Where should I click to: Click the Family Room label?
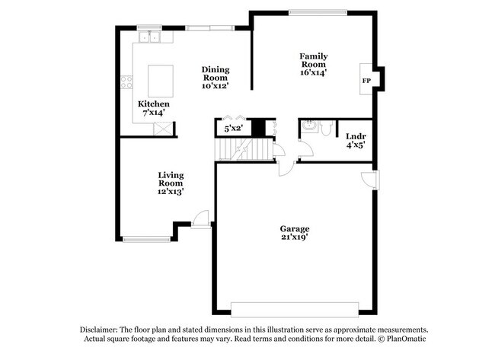coord(313,65)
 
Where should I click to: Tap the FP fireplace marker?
coord(366,81)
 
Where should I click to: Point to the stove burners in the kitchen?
coord(126,80)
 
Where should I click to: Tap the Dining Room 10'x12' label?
coord(216,78)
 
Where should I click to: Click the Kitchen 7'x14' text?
coord(153,108)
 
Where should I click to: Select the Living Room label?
coord(171,183)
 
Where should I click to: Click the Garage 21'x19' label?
coord(294,233)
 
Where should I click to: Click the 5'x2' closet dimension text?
coord(232,129)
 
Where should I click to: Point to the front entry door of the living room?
coord(200,219)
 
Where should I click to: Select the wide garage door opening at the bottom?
coord(294,311)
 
